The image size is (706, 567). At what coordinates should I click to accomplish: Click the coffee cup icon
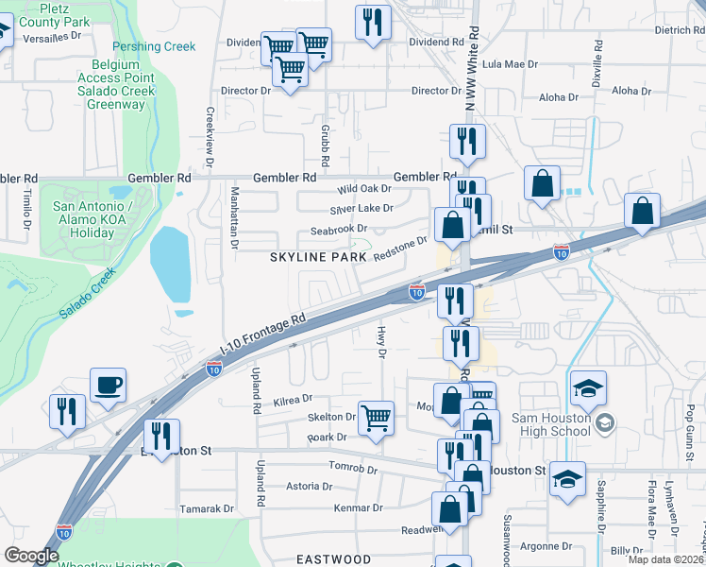[x=107, y=385]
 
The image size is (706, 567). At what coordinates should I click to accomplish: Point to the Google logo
[x=31, y=556]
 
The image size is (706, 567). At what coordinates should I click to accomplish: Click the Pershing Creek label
[x=154, y=46]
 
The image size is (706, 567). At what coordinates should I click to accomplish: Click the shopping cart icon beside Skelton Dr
[x=377, y=417]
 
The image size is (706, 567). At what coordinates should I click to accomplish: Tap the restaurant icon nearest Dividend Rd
[x=374, y=21]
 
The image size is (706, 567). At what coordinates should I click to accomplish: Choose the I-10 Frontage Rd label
[x=264, y=335]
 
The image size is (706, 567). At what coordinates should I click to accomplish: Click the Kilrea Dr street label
[x=292, y=402]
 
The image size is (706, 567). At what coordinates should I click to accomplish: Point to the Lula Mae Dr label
[x=510, y=65]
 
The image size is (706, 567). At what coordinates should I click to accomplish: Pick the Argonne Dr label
[x=547, y=546]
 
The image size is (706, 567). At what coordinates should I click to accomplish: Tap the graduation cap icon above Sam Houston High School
[x=587, y=387]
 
